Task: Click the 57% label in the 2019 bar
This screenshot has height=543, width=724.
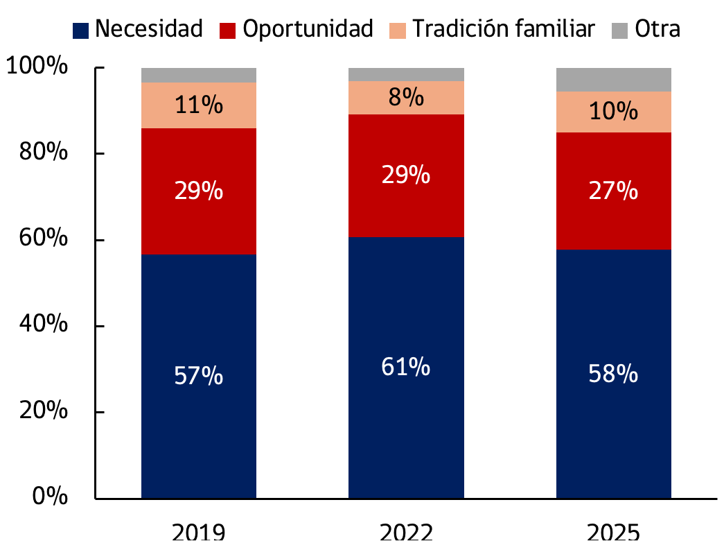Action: coord(198,377)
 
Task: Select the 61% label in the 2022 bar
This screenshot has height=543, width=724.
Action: coord(405,367)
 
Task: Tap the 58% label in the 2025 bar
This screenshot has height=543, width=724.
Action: coord(613,374)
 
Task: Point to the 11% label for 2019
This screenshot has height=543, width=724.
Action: coord(198,105)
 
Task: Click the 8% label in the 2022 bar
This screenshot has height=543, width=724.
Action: coord(405,98)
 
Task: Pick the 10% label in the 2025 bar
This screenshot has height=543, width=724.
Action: coord(613,111)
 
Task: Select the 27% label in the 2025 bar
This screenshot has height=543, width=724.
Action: coord(613,190)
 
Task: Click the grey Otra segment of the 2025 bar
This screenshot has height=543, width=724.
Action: coord(613,79)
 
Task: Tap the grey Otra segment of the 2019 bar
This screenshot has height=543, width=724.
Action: coord(198,75)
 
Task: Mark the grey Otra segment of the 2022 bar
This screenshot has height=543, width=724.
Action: coord(405,74)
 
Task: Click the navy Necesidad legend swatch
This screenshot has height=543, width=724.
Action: coord(81,30)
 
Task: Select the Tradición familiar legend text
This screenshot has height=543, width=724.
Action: coord(504,29)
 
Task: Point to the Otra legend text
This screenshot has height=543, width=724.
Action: coord(657,29)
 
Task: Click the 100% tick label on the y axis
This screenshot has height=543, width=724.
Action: coord(36,67)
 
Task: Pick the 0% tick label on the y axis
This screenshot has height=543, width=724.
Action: coord(48,497)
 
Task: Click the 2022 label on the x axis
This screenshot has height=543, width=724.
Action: coord(406,533)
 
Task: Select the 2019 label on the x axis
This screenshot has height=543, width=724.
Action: coord(198,533)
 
